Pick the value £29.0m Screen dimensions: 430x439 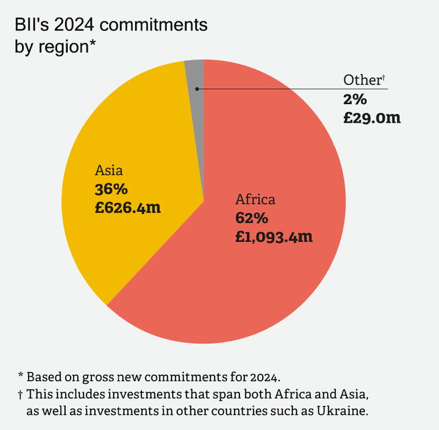pyautogui.click(x=372, y=117)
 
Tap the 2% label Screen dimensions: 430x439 pyautogui.click(x=355, y=99)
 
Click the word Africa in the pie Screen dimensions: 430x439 pyautogui.click(x=255, y=200)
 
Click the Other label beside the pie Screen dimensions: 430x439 pyautogui.click(x=361, y=80)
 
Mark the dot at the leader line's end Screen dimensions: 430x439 pyautogui.click(x=198, y=88)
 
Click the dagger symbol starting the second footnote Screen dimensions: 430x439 pyautogui.click(x=21, y=394)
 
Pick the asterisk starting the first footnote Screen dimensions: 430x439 pyautogui.click(x=21, y=375)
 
